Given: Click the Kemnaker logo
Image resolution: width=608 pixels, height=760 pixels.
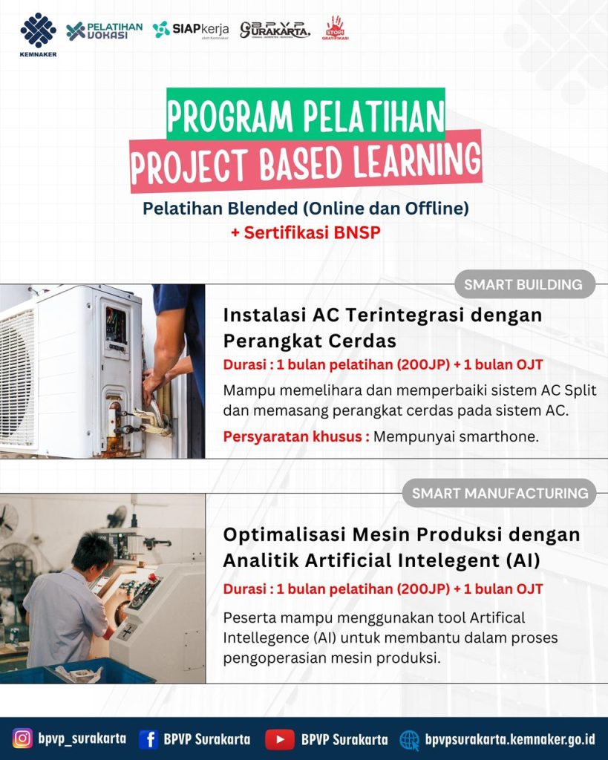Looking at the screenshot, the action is pyautogui.click(x=39, y=35).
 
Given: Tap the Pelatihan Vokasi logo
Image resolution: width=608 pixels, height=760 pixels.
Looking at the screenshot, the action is pyautogui.click(x=105, y=30).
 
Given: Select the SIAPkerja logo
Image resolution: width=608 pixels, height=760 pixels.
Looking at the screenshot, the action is pyautogui.click(x=191, y=30).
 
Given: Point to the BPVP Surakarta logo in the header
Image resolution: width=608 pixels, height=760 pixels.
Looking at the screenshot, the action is pyautogui.click(x=275, y=30).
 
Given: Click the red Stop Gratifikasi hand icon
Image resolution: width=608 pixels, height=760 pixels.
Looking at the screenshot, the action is pyautogui.click(x=335, y=27).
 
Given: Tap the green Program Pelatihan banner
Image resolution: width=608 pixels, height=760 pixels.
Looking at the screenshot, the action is pyautogui.click(x=305, y=114).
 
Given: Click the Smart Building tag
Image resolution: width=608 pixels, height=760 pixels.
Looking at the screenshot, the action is pyautogui.click(x=525, y=284).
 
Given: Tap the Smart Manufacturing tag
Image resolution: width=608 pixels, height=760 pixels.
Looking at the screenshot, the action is pyautogui.click(x=500, y=494).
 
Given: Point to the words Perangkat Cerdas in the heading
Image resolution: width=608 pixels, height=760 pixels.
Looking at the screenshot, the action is pyautogui.click(x=310, y=341).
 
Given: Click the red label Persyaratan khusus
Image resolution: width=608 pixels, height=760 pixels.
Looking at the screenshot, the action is pyautogui.click(x=296, y=436).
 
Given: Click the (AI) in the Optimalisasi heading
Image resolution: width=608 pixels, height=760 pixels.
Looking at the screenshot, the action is pyautogui.click(x=523, y=561).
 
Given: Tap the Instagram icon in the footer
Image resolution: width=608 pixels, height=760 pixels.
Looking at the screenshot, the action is pyautogui.click(x=22, y=738).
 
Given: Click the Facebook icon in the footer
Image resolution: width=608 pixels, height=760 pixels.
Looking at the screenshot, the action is pyautogui.click(x=149, y=739).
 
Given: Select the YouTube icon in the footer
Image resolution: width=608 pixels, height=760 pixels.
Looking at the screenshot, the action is pyautogui.click(x=280, y=739).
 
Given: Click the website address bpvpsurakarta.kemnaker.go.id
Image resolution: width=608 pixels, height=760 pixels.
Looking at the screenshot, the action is pyautogui.click(x=510, y=739).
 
